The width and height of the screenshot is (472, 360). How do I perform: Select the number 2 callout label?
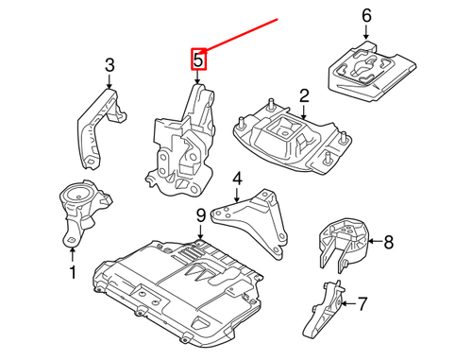tap(304, 95)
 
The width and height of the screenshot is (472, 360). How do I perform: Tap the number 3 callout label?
tap(109, 65)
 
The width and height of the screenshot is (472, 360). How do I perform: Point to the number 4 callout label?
tap(237, 179)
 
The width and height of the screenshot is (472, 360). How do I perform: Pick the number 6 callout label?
tap(367, 16)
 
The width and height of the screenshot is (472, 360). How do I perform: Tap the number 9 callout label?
tap(200, 218)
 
